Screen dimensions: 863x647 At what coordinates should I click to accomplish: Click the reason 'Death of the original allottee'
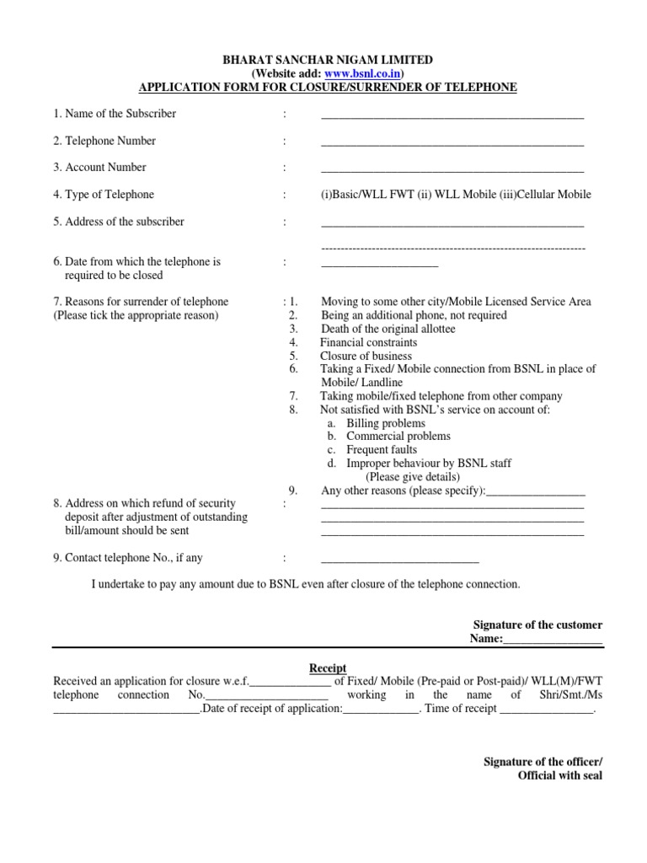click(388, 329)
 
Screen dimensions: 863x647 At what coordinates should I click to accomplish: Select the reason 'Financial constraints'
click(368, 342)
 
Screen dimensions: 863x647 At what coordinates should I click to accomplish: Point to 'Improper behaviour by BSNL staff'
click(429, 464)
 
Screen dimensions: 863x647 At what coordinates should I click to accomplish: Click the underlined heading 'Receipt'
click(328, 668)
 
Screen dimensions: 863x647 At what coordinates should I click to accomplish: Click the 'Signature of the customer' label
click(537, 625)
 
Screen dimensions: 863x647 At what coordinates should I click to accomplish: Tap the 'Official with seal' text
click(559, 775)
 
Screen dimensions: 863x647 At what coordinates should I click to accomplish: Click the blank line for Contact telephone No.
click(399, 560)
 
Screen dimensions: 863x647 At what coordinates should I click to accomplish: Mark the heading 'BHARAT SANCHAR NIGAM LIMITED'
click(328, 60)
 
